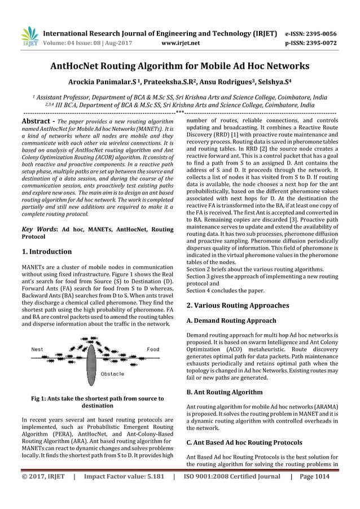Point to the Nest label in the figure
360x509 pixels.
[x=37, y=349]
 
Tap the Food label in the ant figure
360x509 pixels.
[x=152, y=349]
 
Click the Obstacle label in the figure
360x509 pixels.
[x=113, y=374]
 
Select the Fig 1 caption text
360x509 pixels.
[x=97, y=402]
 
